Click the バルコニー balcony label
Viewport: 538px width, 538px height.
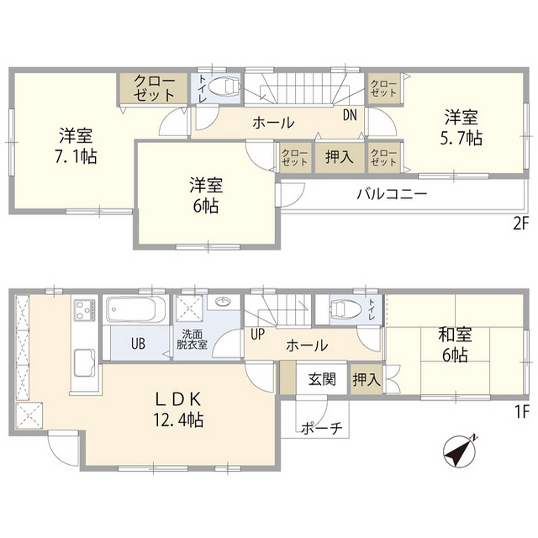pyautogui.click(x=391, y=193)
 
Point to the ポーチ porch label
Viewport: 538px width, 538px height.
pyautogui.click(x=321, y=429)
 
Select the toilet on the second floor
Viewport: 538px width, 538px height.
pyautogui.click(x=223, y=87)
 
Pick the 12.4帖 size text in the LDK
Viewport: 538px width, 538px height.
pyautogui.click(x=178, y=418)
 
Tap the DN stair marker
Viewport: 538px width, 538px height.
pyautogui.click(x=349, y=117)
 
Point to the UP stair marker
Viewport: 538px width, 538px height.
pyautogui.click(x=257, y=334)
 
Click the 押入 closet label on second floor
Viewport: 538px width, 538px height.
pyautogui.click(x=340, y=157)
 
